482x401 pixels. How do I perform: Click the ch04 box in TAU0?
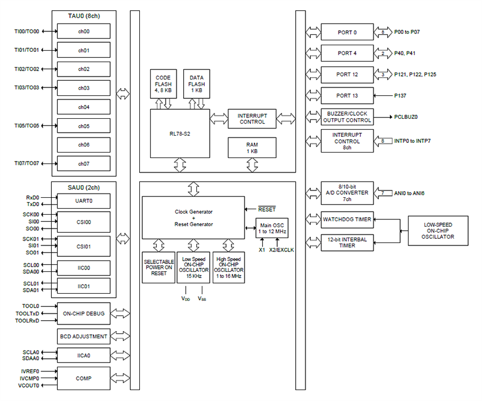pos(84,107)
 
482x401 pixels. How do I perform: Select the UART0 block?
pos(84,200)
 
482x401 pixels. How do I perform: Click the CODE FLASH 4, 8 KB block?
pos(163,83)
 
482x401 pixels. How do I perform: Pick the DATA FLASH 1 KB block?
pos(196,83)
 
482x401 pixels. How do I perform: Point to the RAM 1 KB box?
pos(252,147)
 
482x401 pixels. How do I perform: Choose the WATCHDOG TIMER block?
pos(348,219)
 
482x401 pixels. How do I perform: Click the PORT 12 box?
pos(348,74)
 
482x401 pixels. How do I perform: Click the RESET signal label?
pos(267,210)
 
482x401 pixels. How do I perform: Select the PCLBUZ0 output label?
pos(407,117)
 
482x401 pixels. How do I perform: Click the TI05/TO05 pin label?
pos(27,126)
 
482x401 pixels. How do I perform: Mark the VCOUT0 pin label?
pos(29,385)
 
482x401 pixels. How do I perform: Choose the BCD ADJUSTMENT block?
pos(84,336)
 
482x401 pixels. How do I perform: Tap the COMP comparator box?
pos(84,378)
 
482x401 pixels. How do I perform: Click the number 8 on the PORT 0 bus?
pos(383,31)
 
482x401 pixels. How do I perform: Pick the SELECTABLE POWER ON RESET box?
pos(159,267)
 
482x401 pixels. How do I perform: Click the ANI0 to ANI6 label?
pos(411,194)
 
